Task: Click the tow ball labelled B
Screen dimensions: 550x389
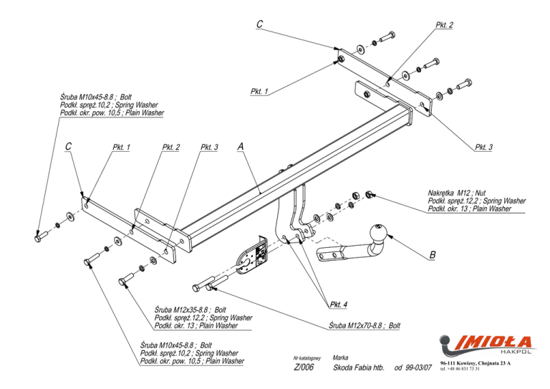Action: [378, 234]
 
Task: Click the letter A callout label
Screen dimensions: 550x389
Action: [241, 146]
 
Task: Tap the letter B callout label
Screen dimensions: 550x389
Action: [433, 255]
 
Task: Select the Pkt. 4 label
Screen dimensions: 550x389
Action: [339, 304]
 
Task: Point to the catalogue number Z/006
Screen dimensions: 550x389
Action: [304, 367]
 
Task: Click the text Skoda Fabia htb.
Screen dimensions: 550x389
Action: [359, 368]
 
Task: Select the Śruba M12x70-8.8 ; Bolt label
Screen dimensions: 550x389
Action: [365, 325]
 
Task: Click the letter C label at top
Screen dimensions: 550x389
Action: [259, 24]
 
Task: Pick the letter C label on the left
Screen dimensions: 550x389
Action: [69, 146]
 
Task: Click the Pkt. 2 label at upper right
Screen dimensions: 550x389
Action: [444, 25]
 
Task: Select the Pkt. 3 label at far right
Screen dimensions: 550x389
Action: [483, 148]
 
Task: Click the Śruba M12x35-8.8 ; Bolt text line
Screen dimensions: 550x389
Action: [190, 309]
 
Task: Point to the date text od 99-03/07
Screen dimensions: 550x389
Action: [412, 368]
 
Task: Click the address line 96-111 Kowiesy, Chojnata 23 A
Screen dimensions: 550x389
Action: [476, 363]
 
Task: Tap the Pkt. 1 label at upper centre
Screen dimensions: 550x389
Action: [259, 92]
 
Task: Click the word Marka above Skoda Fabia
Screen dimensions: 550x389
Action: [340, 357]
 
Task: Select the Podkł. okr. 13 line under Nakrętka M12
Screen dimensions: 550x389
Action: [469, 208]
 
